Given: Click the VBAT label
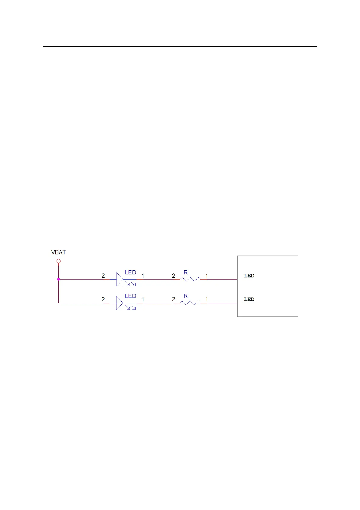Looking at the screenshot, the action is (58, 252).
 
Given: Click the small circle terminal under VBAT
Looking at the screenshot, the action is (59, 261).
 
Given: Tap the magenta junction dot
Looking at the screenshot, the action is (59, 279).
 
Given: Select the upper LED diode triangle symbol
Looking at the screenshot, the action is (120, 279).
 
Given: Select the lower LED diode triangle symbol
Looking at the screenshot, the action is (120, 303).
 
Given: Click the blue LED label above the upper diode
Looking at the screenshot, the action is (130, 273).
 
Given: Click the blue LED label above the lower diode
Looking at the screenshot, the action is (130, 296).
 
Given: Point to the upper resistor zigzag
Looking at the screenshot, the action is (190, 279).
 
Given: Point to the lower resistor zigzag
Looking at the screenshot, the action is (190, 303).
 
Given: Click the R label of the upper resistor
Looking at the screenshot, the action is (186, 273).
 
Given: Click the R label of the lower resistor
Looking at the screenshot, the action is (186, 296).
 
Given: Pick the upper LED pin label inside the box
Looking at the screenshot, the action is (249, 276).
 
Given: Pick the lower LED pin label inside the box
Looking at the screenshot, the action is (249, 300).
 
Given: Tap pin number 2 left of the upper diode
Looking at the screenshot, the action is (103, 276).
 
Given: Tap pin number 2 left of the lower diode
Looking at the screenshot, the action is (103, 300).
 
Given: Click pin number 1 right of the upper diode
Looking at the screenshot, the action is (143, 276).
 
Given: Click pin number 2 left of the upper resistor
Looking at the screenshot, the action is (174, 276).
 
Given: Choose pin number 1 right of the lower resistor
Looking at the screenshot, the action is (207, 300).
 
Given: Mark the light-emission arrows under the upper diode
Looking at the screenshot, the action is (130, 284).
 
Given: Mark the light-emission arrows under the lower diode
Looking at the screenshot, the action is (130, 308).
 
